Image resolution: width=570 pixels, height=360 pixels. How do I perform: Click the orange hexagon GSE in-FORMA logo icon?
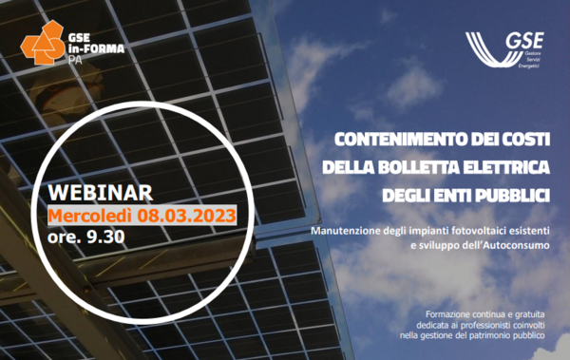44,42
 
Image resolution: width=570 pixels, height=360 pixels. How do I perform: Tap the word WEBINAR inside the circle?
101,193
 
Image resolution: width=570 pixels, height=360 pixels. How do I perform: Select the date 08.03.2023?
186,216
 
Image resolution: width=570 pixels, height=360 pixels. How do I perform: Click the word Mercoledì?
90,216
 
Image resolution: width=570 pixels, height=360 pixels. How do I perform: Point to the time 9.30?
105,237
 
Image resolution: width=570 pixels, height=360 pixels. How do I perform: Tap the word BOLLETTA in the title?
418,167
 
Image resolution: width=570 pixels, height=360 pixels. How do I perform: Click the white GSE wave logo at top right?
504,49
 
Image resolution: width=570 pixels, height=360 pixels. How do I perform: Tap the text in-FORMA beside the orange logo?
96,48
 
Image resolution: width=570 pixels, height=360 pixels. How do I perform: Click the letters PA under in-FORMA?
75,60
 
